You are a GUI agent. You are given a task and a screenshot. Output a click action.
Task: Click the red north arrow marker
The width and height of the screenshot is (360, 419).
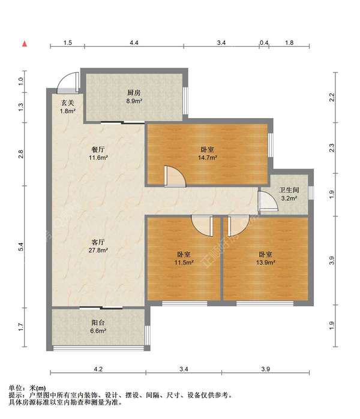25,44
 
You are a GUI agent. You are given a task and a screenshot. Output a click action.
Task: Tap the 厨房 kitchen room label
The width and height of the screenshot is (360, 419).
134,93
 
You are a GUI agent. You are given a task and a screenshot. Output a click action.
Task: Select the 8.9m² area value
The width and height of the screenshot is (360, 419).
134,101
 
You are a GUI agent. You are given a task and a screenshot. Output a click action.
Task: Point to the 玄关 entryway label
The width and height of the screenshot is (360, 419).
68,103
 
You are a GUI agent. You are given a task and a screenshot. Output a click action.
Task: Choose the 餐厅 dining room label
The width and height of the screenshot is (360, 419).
98,149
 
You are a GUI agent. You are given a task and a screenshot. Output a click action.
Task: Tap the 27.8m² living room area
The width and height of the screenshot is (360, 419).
98,251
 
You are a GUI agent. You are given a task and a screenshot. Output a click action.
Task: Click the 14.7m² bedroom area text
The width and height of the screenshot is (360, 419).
207,158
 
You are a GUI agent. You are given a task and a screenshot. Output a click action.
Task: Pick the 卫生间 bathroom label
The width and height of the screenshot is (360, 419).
289,190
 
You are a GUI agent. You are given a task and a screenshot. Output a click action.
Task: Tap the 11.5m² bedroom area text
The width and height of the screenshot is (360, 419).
184,263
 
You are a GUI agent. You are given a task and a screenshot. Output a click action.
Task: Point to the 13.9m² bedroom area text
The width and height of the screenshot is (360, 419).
266,263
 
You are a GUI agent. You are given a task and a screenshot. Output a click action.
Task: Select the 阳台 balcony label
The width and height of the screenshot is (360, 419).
98,322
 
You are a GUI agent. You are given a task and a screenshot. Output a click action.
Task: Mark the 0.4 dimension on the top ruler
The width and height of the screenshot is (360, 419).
264,43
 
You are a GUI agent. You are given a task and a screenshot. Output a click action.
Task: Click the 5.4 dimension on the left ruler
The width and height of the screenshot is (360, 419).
21,246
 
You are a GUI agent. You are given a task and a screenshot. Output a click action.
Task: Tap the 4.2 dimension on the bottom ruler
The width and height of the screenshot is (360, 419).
98,369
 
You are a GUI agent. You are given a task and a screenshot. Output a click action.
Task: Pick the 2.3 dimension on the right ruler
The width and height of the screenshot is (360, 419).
332,148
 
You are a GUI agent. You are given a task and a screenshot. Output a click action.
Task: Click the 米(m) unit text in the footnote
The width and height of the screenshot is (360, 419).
37,388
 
